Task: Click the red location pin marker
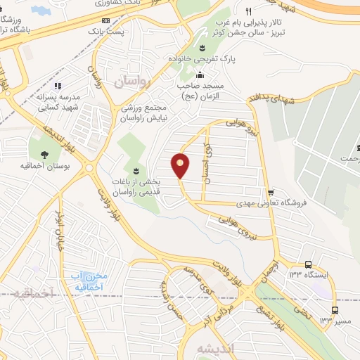pos(181,166)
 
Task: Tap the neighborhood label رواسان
pos(132,82)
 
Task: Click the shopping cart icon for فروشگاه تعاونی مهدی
pos(270,192)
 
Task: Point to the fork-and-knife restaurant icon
pos(248,11)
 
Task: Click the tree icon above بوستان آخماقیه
pos(45,155)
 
